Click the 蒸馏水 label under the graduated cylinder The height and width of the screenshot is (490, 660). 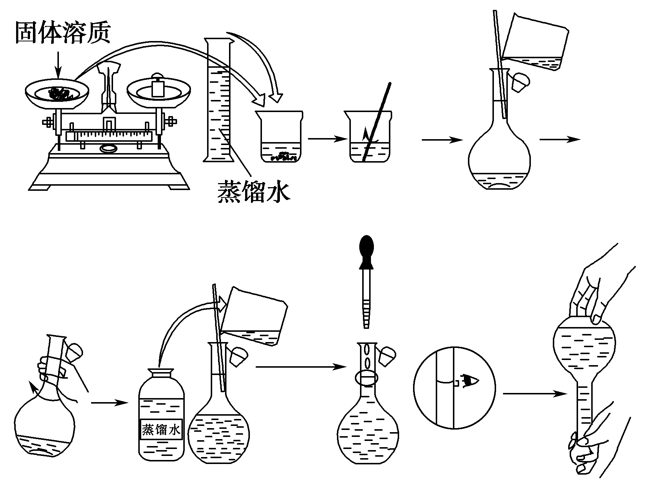pos(254,191)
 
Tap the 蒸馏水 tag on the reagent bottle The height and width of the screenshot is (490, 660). pos(161,429)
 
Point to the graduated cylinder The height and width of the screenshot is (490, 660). pos(219,103)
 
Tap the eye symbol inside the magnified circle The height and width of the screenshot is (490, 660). pos(469,381)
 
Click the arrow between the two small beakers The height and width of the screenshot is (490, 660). pos(326,139)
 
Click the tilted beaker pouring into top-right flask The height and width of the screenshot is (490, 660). pos(536,43)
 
